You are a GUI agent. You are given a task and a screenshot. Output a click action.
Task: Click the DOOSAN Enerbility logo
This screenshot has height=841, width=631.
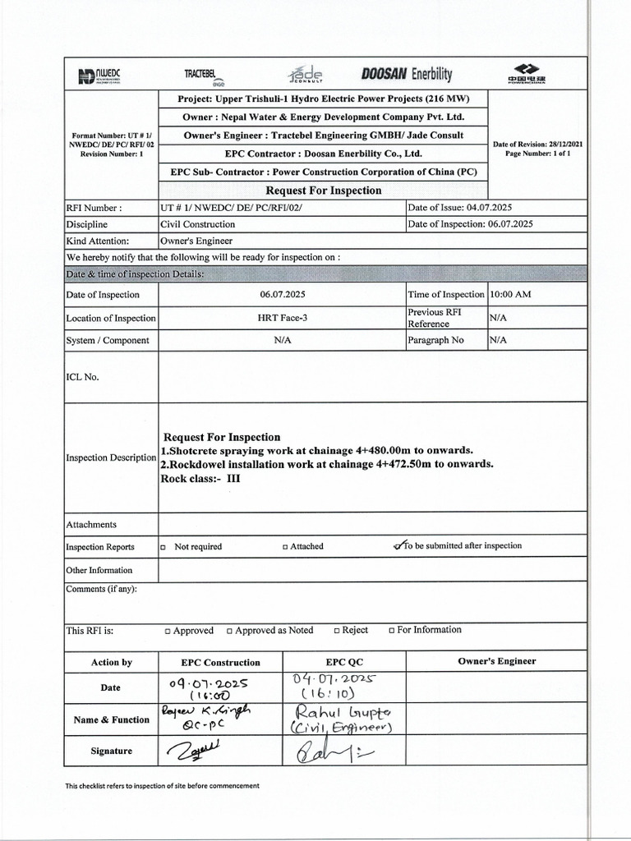(x=406, y=75)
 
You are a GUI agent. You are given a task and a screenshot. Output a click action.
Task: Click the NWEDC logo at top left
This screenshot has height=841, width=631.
(x=99, y=76)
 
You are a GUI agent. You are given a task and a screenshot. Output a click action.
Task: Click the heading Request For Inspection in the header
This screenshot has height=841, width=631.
(x=324, y=191)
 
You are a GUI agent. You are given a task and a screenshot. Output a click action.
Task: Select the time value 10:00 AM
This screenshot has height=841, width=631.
(x=510, y=295)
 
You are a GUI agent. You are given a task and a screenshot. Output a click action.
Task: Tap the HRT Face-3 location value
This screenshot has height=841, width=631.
(x=282, y=318)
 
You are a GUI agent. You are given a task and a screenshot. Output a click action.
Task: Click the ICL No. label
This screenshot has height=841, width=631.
(x=82, y=378)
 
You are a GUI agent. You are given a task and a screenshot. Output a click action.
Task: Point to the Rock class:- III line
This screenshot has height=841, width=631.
(x=200, y=478)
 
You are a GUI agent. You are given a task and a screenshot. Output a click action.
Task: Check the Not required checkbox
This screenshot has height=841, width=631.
(x=164, y=547)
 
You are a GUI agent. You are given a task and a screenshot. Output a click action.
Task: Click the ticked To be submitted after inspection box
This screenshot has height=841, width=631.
(x=398, y=546)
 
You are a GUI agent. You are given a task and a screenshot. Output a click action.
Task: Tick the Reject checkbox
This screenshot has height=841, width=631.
(x=336, y=632)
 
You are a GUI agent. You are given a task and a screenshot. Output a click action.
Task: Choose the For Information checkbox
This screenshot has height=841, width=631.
(x=391, y=632)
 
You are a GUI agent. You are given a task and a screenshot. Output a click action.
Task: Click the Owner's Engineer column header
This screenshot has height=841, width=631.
(x=496, y=661)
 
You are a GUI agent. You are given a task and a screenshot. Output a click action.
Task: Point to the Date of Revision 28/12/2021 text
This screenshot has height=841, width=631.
(x=537, y=145)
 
